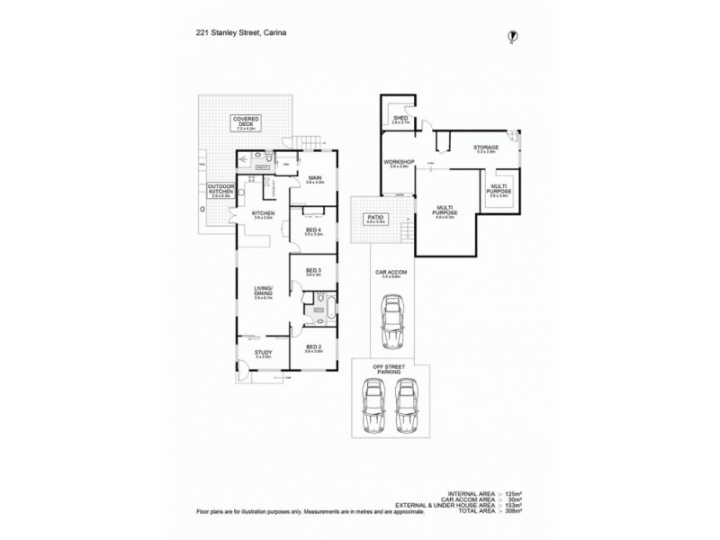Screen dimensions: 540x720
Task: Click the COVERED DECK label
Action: (246, 121)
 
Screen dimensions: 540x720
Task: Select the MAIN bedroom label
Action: (314, 178)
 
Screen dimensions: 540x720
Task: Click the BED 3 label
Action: (313, 270)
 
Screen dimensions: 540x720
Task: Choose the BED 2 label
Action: (313, 346)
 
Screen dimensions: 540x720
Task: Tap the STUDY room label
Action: (262, 353)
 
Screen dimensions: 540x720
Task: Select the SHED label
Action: (401, 118)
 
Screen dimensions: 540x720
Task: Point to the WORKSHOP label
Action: (400, 162)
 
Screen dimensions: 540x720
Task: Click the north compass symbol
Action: (511, 36)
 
